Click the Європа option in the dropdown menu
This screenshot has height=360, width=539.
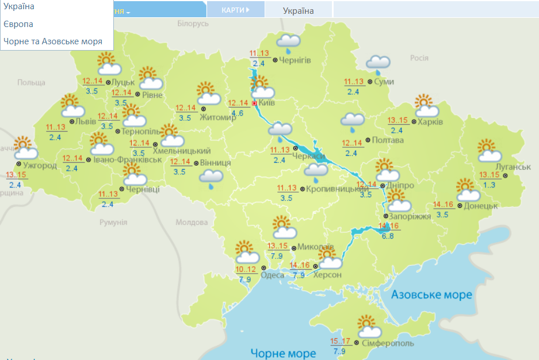(18, 24)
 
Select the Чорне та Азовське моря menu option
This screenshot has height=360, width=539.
(53, 41)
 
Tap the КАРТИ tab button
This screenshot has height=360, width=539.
(235, 10)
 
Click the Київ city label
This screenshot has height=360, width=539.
(267, 103)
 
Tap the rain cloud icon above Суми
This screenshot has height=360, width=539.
(379, 63)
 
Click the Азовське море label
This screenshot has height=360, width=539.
(431, 295)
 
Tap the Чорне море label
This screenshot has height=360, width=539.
(283, 353)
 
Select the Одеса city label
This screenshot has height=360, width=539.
(272, 275)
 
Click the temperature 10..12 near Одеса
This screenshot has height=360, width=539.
(246, 270)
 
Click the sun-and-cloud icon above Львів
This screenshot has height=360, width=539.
(71, 106)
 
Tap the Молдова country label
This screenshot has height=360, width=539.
(191, 223)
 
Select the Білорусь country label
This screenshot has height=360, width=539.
(193, 24)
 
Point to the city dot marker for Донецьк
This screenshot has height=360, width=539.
(460, 205)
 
